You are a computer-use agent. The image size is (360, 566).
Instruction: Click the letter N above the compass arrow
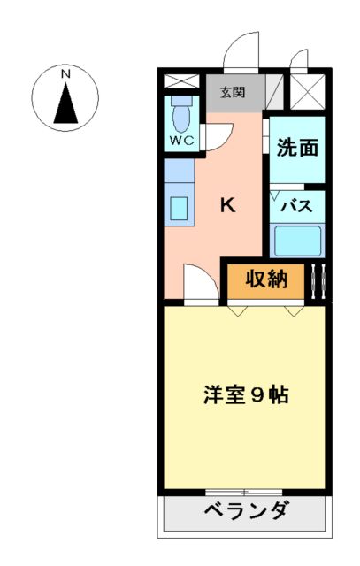(65, 75)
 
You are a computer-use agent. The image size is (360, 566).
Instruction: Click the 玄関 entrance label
(233, 89)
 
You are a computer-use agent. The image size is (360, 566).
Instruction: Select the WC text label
(181, 140)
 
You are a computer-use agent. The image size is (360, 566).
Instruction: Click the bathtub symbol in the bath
(297, 241)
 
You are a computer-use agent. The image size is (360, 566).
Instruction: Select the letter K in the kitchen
(227, 205)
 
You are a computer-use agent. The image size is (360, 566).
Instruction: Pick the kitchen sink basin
(179, 209)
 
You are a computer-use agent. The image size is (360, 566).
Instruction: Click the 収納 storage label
(266, 279)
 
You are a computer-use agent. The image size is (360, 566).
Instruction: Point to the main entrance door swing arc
(240, 53)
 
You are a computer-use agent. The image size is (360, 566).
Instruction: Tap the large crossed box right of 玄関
(308, 90)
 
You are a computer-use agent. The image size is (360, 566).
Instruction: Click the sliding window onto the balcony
(244, 491)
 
